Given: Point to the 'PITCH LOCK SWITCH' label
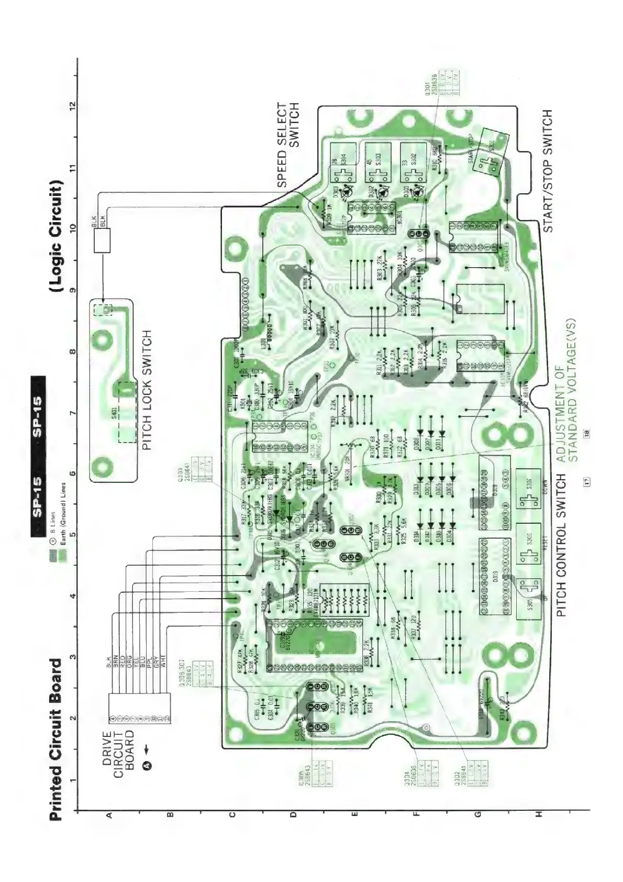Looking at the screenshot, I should click(147, 390).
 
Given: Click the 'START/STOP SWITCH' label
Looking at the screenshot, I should click(547, 171).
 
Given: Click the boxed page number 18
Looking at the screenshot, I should click(587, 433).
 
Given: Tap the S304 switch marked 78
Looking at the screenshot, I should click(343, 162).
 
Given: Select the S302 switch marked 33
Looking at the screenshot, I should click(414, 162).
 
